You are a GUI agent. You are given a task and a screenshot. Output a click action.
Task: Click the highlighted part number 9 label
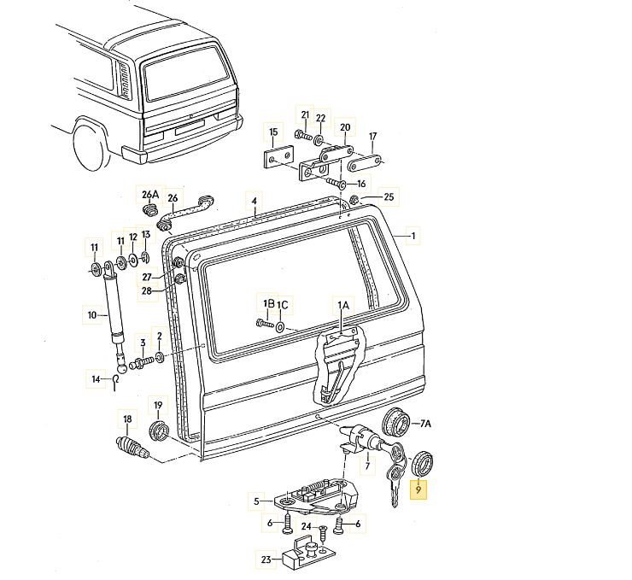pos(418,491)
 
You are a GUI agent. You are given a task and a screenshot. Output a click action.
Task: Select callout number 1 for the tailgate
pos(413,236)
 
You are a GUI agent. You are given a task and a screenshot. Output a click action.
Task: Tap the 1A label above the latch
pos(342,305)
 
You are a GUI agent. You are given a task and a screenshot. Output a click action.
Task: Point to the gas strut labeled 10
pos(92,315)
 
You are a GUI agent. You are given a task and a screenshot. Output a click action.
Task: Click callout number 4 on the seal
pos(254,202)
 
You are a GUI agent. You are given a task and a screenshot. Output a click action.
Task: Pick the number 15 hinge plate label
pos(273,132)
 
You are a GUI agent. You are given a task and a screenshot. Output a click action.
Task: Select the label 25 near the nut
pos(389,197)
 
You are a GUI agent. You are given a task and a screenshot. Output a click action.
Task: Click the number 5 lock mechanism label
pos(255,501)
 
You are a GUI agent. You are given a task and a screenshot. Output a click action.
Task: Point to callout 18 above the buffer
pos(128,419)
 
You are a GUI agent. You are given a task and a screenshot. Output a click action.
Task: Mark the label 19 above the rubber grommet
pos(158,404)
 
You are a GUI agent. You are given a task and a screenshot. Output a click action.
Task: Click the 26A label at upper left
pos(149,193)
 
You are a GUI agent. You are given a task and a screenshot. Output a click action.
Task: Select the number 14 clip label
pos(97,378)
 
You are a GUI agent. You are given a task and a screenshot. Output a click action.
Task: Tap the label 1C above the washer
pos(284,304)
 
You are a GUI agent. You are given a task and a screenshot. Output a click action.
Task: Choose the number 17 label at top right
pos(372,137)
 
